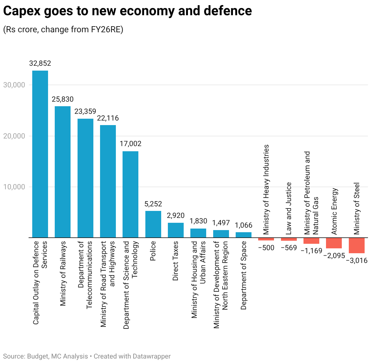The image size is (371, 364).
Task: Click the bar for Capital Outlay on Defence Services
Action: click(40, 154)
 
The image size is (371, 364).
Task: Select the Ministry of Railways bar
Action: click(63, 172)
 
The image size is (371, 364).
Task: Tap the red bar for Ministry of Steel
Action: click(356, 245)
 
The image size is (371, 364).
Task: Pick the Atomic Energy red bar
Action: click(334, 243)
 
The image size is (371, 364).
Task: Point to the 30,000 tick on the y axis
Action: click(14, 85)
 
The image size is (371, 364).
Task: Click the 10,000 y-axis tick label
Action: click(14, 187)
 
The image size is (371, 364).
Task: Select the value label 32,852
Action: click(40, 64)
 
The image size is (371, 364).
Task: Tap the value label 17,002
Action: click(130, 144)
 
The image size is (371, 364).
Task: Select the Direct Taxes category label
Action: click(175, 261)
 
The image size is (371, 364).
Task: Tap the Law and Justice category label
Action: click(289, 208)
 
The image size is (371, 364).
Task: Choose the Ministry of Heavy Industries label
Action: click(266, 190)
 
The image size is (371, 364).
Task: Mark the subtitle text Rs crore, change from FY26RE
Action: click(63, 30)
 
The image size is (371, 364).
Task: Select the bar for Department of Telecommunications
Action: click(85, 178)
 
